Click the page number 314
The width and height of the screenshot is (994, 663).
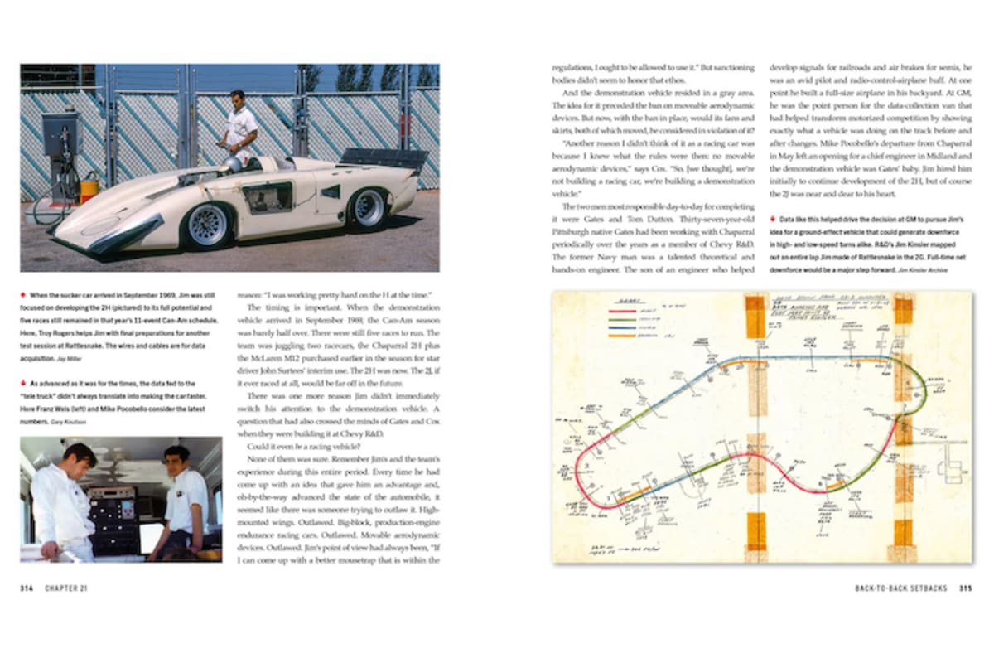pyautogui.click(x=28, y=588)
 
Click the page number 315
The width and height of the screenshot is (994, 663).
pyautogui.click(x=965, y=588)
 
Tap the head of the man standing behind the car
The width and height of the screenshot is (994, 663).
pyautogui.click(x=237, y=98)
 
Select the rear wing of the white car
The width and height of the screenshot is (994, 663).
pyautogui.click(x=383, y=157)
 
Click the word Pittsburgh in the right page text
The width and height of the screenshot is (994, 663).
pyautogui.click(x=572, y=220)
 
